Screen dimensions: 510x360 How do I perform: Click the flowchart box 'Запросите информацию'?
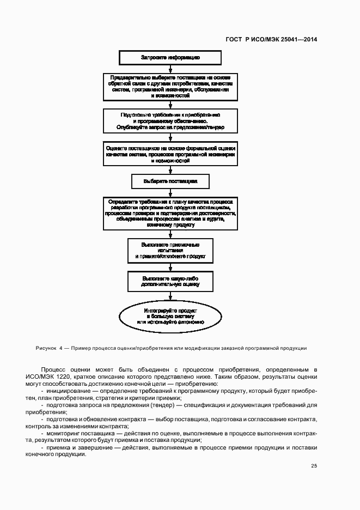click(170, 57)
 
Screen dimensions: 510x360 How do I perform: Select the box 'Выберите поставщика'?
click(170, 181)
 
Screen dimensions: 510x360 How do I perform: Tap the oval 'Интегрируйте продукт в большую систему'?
click(170, 316)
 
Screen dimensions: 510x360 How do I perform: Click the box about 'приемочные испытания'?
click(170, 250)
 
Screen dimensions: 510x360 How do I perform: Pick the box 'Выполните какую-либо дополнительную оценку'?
click(170, 281)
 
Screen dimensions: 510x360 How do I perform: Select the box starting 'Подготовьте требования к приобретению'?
click(170, 121)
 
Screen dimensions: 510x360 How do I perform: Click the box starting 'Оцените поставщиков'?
click(170, 154)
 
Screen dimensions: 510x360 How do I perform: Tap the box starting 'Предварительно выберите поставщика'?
click(170, 87)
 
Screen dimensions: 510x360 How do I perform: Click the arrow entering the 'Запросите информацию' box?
click(170, 46)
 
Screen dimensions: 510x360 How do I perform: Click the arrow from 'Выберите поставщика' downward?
click(170, 192)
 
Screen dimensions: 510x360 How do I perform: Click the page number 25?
click(314, 466)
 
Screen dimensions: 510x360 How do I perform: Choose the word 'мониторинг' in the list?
click(64, 433)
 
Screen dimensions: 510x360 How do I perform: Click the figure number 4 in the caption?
click(61, 348)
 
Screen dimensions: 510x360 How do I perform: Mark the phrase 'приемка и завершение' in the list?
click(80, 447)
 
